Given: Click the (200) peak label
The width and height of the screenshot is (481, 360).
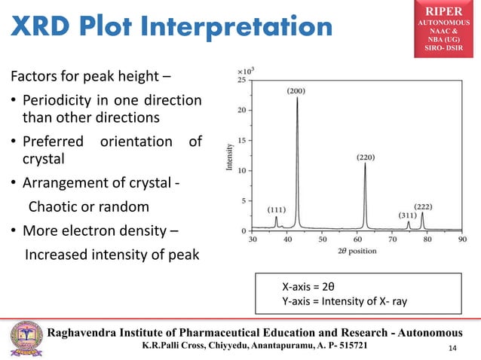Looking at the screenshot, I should (297, 90).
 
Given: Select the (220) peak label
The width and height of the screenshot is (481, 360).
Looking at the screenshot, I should (367, 158).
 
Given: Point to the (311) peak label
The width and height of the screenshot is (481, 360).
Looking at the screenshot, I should (407, 215).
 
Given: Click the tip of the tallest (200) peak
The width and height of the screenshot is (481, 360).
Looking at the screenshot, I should (297, 98).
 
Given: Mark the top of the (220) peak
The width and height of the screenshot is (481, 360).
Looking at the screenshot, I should (366, 164).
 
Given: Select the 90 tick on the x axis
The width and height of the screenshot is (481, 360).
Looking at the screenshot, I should (461, 239).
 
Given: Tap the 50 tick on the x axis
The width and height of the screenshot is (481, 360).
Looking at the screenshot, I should (322, 239).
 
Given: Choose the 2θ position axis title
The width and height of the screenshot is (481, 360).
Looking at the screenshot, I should (357, 249).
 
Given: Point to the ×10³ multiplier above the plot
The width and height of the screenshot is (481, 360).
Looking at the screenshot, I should (246, 69).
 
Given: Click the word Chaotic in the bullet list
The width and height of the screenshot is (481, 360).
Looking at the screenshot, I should (56, 206).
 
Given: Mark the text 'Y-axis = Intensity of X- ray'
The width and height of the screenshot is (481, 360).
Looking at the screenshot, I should (345, 301).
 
